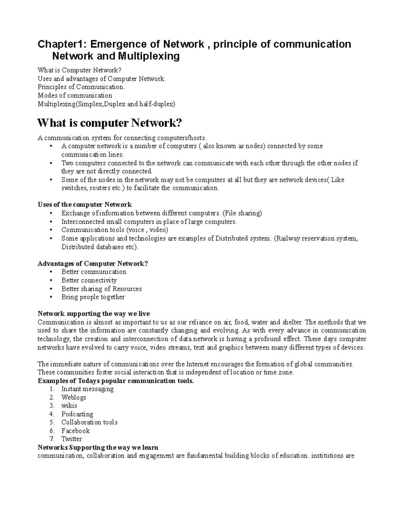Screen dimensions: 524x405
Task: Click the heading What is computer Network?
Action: pyautogui.click(x=109, y=123)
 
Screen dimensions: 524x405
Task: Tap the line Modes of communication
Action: pyautogui.click(x=75, y=95)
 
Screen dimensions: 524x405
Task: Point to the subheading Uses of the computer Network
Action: pyautogui.click(x=84, y=205)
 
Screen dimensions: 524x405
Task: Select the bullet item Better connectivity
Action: pyautogui.click(x=89, y=280)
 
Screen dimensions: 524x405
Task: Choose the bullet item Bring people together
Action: pyautogui.click(x=93, y=297)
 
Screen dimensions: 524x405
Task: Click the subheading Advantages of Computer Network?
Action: pyautogui.click(x=92, y=264)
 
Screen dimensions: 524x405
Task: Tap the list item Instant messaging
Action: pyautogui.click(x=87, y=389)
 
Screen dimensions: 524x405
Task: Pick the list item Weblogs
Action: pyautogui.click(x=74, y=397)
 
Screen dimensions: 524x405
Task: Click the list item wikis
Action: pyautogui.click(x=69, y=406)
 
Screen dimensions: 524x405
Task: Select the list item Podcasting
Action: pyautogui.click(x=77, y=414)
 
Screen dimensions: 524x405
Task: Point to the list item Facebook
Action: pyautogui.click(x=75, y=431)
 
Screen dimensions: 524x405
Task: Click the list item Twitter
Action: pyautogui.click(x=72, y=439)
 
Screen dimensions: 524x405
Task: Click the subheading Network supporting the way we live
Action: pyautogui.click(x=93, y=314)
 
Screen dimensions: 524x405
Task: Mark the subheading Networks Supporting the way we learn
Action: pyautogui.click(x=98, y=447)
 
